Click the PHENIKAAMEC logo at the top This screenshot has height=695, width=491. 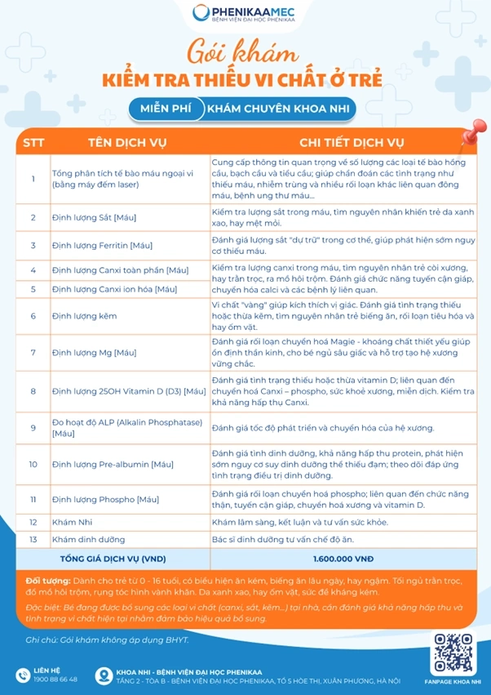click(245, 15)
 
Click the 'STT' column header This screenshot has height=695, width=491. click(33, 142)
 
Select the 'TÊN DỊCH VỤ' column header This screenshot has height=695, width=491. click(126, 142)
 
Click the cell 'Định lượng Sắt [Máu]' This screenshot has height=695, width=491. click(94, 218)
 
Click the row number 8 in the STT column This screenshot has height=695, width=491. click(33, 391)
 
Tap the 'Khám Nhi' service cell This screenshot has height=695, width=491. click(70, 521)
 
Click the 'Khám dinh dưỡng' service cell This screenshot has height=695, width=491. click(84, 539)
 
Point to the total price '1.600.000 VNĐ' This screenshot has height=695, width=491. click(343, 559)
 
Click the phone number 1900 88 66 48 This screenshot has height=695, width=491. click(55, 679)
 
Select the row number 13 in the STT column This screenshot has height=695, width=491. click(33, 539)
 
